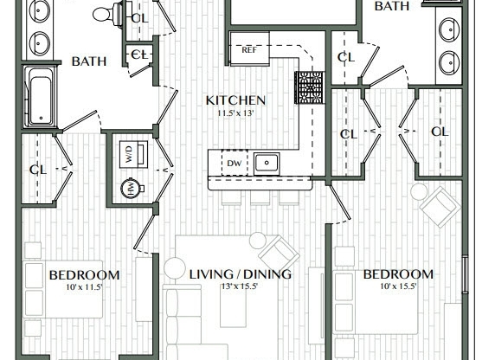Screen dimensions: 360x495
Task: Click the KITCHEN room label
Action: tap(235, 100)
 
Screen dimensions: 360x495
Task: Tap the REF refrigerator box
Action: tap(249, 50)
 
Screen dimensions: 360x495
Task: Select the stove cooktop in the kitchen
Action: tap(309, 87)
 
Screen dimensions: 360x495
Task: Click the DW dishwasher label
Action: tap(233, 162)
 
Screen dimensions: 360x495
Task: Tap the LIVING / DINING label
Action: tap(240, 274)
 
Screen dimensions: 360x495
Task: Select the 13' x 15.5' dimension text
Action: tap(239, 287)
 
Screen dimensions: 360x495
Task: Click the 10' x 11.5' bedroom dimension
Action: tap(83, 287)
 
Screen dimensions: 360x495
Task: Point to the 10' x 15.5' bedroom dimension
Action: tap(397, 287)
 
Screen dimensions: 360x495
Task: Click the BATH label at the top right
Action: tap(391, 6)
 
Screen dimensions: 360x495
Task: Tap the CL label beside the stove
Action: tap(347, 58)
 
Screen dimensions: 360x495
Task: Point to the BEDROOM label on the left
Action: tap(84, 274)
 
